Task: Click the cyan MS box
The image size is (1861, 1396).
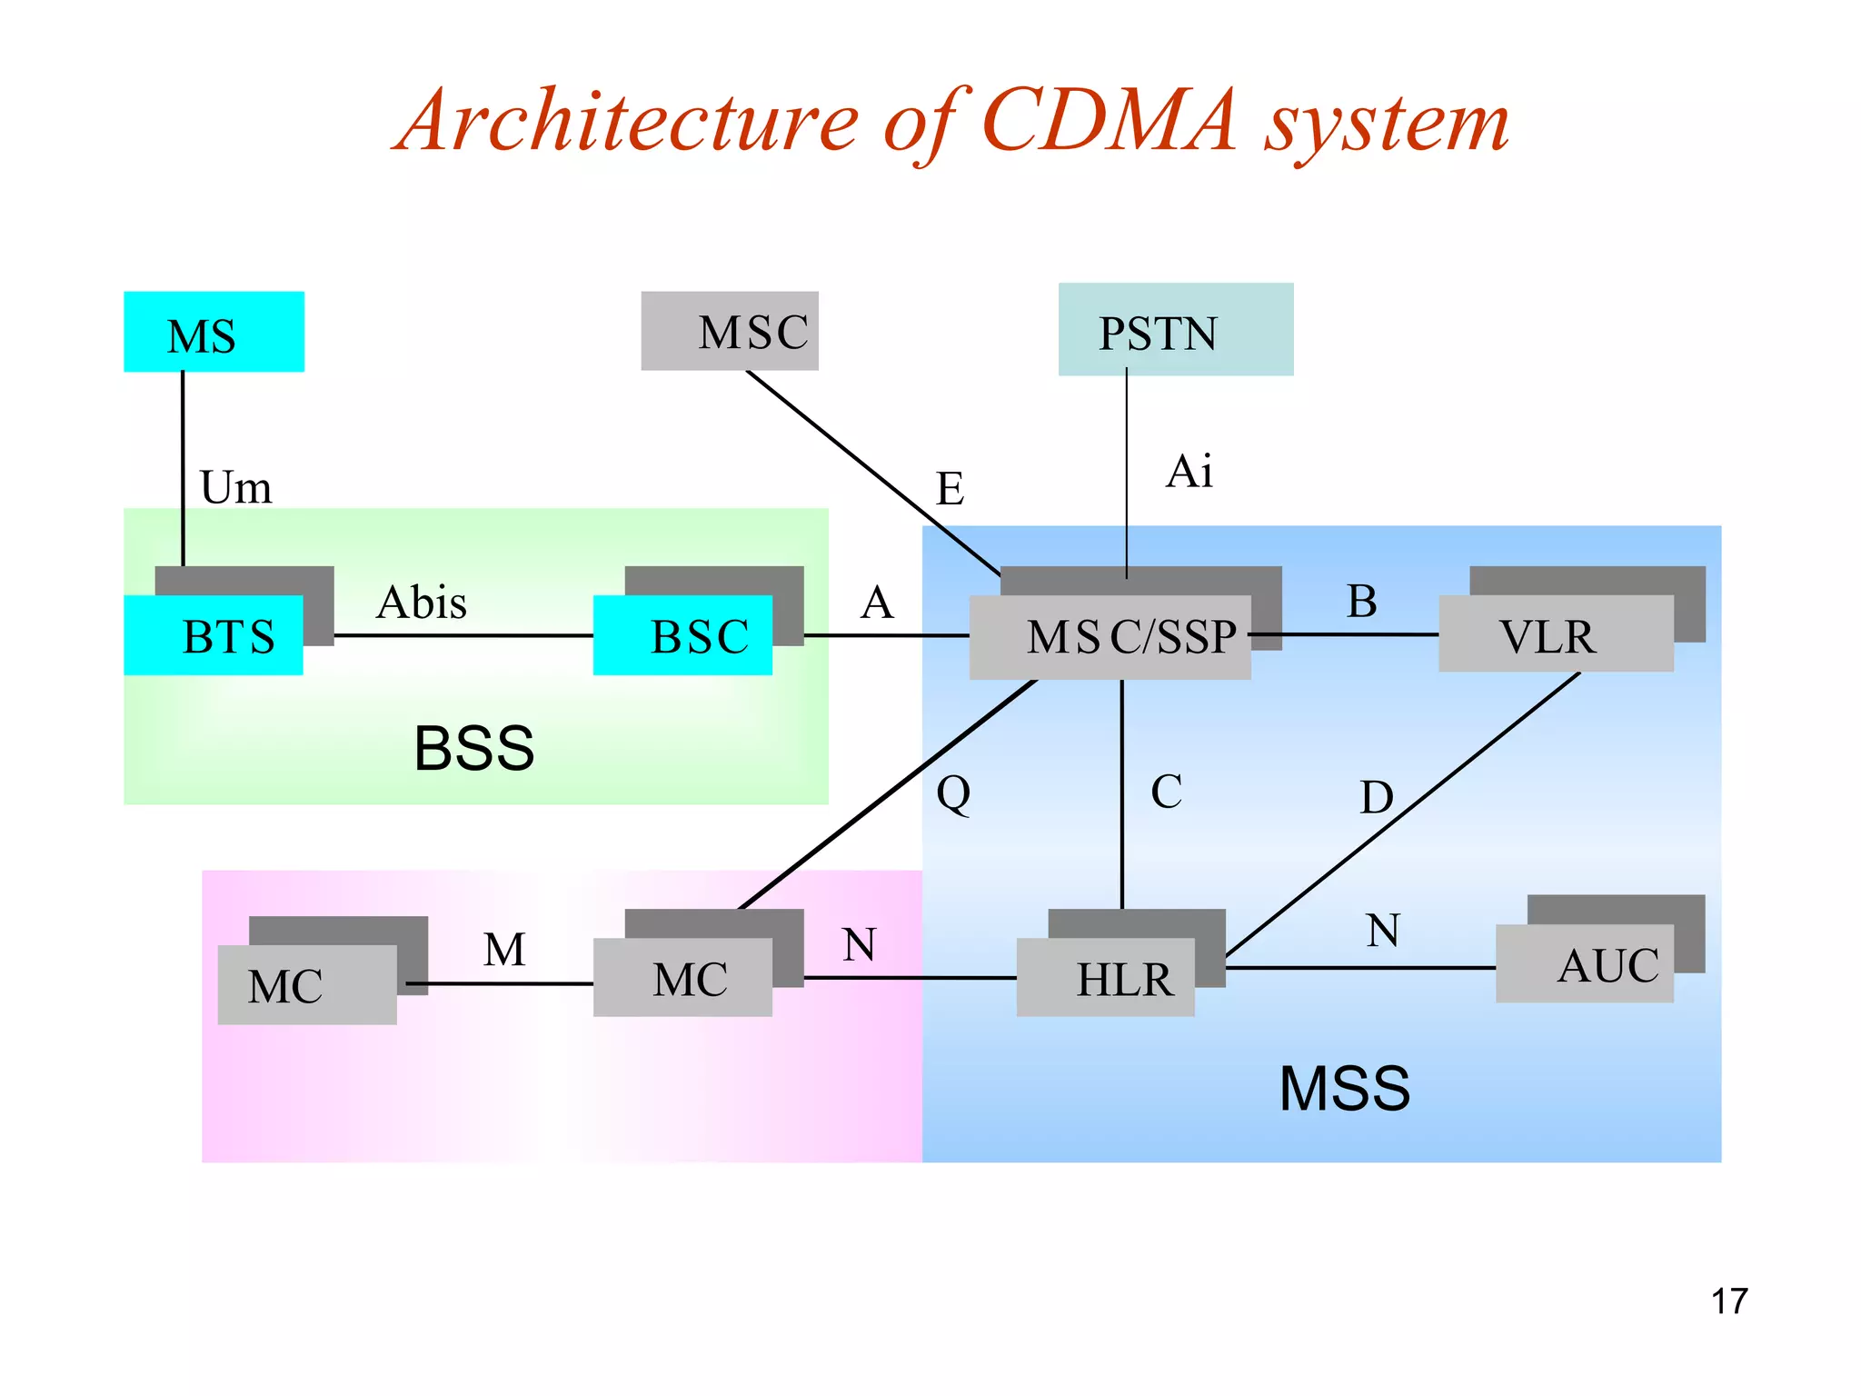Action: [x=214, y=332]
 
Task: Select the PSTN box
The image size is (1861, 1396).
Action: [x=1175, y=330]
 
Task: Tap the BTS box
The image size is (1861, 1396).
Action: [x=214, y=635]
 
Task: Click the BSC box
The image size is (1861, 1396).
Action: [x=682, y=635]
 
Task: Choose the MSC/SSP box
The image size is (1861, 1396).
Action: [x=1110, y=637]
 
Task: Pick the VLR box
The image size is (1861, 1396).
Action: [x=1555, y=634]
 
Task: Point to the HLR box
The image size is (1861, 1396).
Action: [x=1105, y=978]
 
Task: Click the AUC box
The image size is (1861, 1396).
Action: [x=1584, y=964]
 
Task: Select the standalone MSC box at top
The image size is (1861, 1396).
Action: [x=730, y=331]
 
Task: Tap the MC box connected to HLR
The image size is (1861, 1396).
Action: [x=682, y=978]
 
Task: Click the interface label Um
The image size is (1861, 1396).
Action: [x=235, y=487]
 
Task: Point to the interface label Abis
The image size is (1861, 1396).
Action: [x=422, y=603]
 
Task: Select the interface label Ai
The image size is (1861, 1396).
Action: [x=1189, y=472]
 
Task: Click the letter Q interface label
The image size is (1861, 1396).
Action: [x=953, y=793]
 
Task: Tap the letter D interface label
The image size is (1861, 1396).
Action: [x=1376, y=797]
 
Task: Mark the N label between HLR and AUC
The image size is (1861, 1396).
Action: [x=1383, y=931]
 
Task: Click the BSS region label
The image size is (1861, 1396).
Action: [x=473, y=749]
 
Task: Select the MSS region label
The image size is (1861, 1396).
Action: [x=1344, y=1088]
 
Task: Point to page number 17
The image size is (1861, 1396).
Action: [x=1728, y=1301]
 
